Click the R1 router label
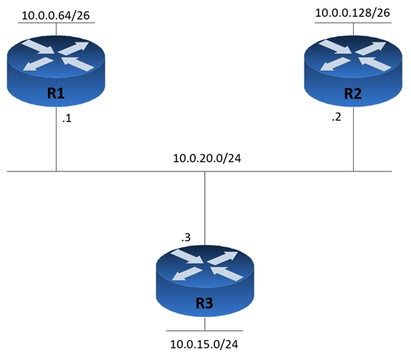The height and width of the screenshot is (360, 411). (56, 93)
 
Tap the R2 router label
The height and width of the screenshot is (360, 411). (353, 94)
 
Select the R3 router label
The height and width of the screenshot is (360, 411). (205, 304)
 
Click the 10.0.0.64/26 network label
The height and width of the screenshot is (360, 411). (56, 16)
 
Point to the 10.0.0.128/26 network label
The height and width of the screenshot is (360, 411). (352, 13)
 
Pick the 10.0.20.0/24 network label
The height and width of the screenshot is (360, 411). (207, 158)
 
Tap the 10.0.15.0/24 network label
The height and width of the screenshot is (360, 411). (204, 344)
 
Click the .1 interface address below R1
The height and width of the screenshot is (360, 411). (67, 119)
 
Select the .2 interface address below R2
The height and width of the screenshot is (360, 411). (337, 117)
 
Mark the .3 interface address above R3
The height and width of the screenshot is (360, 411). (186, 237)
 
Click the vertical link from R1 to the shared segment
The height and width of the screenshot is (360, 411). (56, 138)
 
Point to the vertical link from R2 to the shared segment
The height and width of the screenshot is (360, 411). (353, 138)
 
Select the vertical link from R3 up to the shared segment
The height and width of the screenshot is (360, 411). (205, 208)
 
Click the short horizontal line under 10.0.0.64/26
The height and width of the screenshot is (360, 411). (56, 23)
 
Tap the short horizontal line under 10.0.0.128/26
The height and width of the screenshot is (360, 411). (353, 23)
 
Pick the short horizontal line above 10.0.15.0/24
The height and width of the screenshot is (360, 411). (205, 330)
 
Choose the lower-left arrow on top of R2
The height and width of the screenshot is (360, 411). (335, 64)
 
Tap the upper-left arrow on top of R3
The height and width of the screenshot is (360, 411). (187, 256)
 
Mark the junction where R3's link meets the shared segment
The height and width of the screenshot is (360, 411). (205, 172)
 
